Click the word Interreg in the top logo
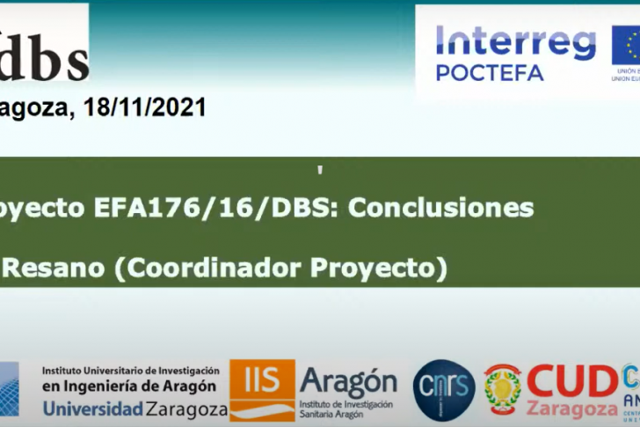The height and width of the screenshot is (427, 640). click(x=515, y=42)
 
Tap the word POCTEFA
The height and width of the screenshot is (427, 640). click(x=489, y=73)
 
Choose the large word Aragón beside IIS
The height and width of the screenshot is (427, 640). click(x=348, y=381)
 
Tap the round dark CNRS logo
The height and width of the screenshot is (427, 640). click(x=444, y=389)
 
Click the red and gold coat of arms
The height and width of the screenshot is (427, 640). click(x=503, y=388)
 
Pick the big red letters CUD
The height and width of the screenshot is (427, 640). click(x=572, y=380)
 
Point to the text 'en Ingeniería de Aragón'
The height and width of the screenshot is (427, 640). click(x=129, y=387)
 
